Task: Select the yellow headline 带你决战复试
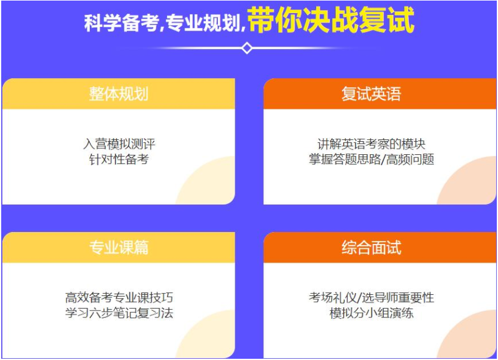pyautogui.click(x=330, y=21)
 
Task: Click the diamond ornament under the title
pyautogui.click(x=247, y=48)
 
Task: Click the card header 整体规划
pyautogui.click(x=119, y=94)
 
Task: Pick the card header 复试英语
pyautogui.click(x=371, y=94)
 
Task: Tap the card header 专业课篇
pyautogui.click(x=119, y=247)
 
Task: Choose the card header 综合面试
pyautogui.click(x=371, y=247)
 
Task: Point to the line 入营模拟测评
pyautogui.click(x=119, y=144)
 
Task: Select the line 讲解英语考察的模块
pyautogui.click(x=371, y=144)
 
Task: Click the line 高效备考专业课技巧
pyautogui.click(x=119, y=297)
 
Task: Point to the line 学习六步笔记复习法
pyautogui.click(x=119, y=313)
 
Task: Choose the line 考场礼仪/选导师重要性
pyautogui.click(x=371, y=297)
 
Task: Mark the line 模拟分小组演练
pyautogui.click(x=371, y=313)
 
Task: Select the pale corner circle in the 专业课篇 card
pyautogui.click(x=209, y=338)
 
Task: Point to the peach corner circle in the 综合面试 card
pyautogui.click(x=470, y=338)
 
